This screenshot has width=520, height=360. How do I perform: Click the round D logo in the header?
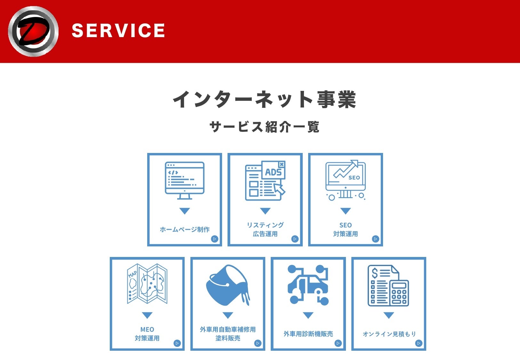(33, 31)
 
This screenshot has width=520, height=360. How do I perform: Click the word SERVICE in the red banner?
(118, 31)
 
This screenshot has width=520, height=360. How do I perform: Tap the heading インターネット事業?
(264, 99)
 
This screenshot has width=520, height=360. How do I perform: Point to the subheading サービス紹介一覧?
(264, 127)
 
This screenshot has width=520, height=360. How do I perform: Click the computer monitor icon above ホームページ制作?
(185, 180)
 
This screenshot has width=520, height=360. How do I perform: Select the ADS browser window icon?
(265, 180)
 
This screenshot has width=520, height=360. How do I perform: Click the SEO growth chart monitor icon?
(346, 180)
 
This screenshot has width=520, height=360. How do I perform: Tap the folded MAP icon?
(147, 284)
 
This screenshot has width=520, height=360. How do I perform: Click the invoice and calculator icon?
(388, 285)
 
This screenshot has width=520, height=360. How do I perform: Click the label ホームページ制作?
(185, 229)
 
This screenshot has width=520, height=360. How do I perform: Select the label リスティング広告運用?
(265, 229)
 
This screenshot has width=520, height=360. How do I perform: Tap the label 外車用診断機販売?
(308, 334)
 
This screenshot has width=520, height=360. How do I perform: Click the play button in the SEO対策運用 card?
(375, 239)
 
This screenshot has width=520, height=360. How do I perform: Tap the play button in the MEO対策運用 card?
(177, 343)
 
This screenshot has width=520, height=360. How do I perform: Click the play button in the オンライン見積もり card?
(419, 343)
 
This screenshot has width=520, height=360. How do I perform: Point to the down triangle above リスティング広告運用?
(265, 211)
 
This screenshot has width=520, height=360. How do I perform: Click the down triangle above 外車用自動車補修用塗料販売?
(228, 315)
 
